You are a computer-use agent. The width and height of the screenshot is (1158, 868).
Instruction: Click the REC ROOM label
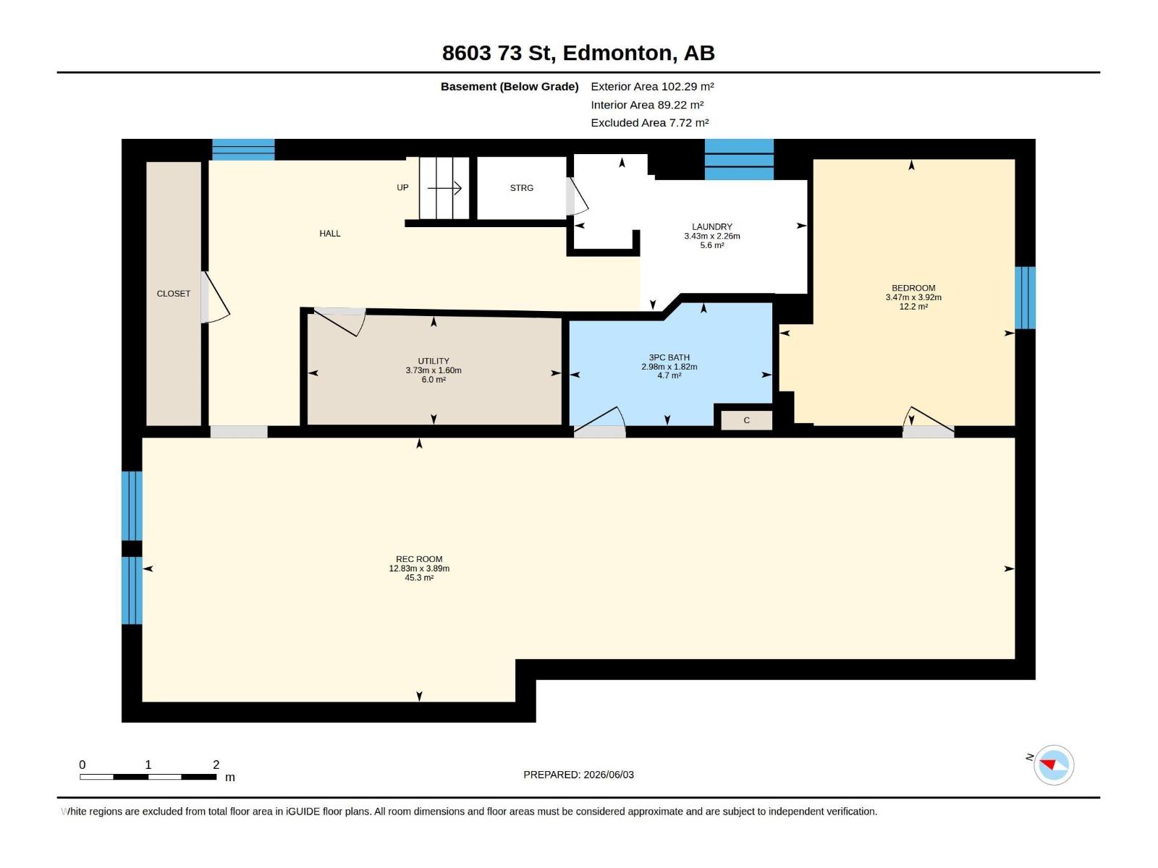[x=419, y=559]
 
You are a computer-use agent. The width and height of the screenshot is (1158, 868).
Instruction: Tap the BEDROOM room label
[x=913, y=288]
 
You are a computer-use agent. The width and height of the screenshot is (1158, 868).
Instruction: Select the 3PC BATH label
[x=669, y=357]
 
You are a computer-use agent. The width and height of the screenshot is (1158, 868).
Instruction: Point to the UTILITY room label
[x=433, y=361]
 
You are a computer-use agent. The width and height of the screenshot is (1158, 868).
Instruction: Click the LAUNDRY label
[x=711, y=226]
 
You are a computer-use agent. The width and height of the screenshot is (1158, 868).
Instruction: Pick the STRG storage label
[x=521, y=188]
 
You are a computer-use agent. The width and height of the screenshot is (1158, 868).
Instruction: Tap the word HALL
[x=330, y=234]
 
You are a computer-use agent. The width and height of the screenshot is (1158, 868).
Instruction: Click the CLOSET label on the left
[x=173, y=294]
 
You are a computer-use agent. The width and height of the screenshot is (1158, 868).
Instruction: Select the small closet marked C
[x=746, y=420]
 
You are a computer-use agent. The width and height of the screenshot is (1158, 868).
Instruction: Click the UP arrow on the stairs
[x=444, y=188]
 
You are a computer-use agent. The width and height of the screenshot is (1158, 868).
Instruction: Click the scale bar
[x=148, y=777]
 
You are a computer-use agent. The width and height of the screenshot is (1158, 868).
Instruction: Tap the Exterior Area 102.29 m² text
[x=652, y=86]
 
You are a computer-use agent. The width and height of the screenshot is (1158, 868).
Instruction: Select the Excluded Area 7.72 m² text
[x=649, y=123]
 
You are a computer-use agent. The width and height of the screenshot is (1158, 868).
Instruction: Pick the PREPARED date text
[x=578, y=775]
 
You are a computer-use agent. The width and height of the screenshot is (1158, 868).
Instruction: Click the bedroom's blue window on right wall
[x=1025, y=298]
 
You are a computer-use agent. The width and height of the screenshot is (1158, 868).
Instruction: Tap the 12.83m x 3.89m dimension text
[x=419, y=569]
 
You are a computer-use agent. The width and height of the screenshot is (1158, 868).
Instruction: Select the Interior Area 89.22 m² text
[x=647, y=105]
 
